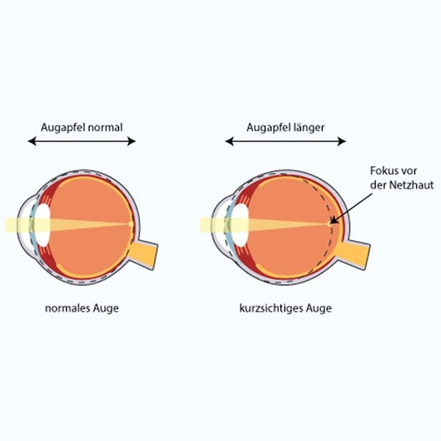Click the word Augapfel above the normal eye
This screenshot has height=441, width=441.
click(60, 127)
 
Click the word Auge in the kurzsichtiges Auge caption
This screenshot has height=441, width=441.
click(316, 309)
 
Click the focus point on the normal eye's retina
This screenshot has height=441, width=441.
click(131, 224)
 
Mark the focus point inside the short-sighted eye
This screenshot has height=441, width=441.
click(329, 223)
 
